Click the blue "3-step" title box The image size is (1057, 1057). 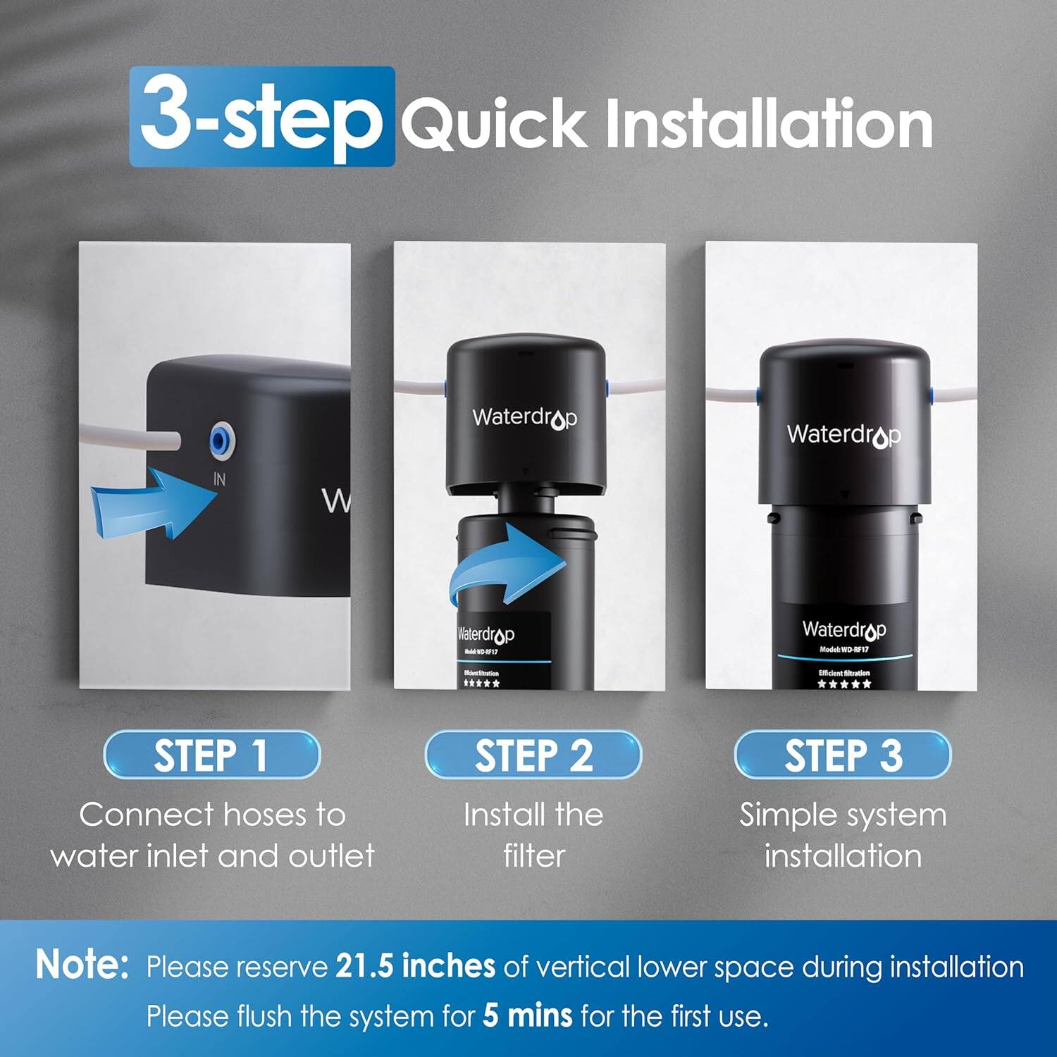261,117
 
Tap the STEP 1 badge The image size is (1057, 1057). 211,755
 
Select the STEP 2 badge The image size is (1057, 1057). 533,755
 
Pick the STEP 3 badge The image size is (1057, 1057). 843,755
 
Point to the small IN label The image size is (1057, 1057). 220,479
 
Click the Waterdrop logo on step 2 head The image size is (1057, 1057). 525,418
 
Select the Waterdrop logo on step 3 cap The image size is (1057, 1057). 843,435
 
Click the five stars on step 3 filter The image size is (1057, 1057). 843,684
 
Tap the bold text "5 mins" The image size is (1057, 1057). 527,1016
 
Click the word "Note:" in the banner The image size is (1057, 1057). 82,965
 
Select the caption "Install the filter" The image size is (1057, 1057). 533,835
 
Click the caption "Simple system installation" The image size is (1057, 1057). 843,835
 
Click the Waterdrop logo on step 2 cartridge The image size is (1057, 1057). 486,634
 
